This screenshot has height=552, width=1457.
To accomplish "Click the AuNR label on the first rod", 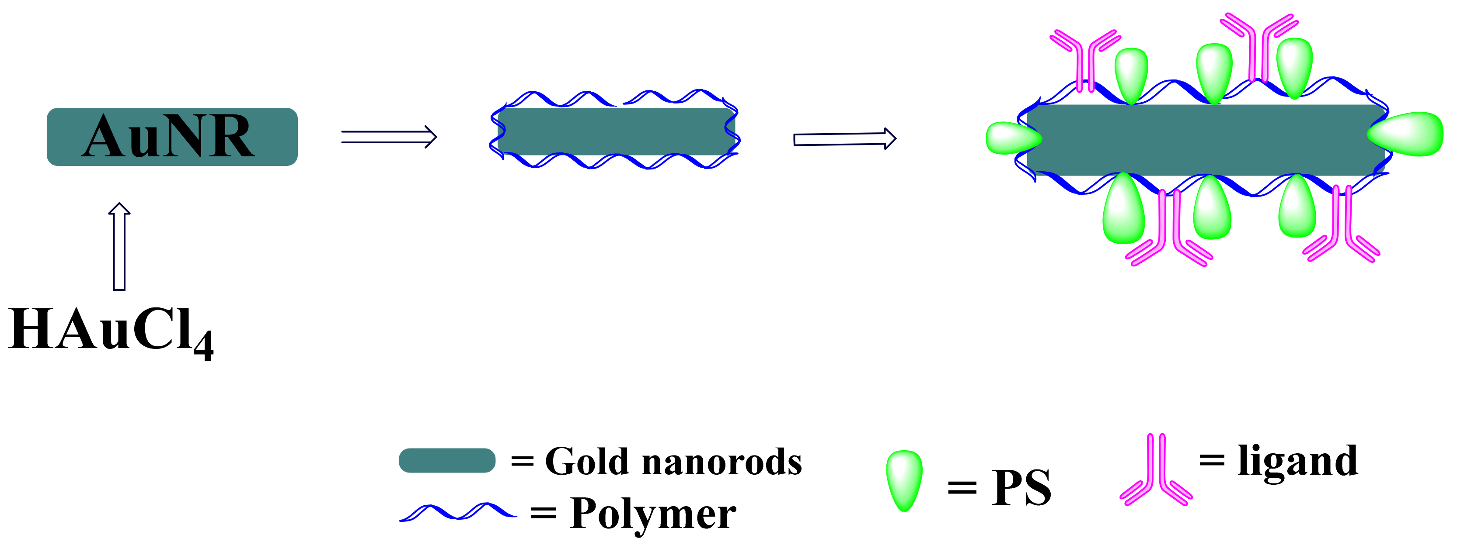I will click(168, 136).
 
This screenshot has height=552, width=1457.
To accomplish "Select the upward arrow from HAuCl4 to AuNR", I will click(119, 246).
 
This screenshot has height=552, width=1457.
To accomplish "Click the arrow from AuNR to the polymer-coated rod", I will click(389, 137).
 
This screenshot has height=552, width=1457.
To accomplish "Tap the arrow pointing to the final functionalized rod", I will click(844, 138).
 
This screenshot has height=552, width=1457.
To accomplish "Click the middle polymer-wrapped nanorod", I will click(615, 131).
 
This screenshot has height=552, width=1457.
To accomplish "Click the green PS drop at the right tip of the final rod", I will click(1407, 135).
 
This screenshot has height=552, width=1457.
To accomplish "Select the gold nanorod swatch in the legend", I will click(447, 460).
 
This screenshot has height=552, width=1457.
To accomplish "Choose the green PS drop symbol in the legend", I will click(904, 480).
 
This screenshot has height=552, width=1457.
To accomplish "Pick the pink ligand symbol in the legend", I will click(1156, 472).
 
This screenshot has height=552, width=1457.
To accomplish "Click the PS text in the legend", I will click(1021, 487).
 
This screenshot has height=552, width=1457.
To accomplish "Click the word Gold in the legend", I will click(586, 462).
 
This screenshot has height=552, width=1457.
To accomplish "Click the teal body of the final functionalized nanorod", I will click(1205, 140).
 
